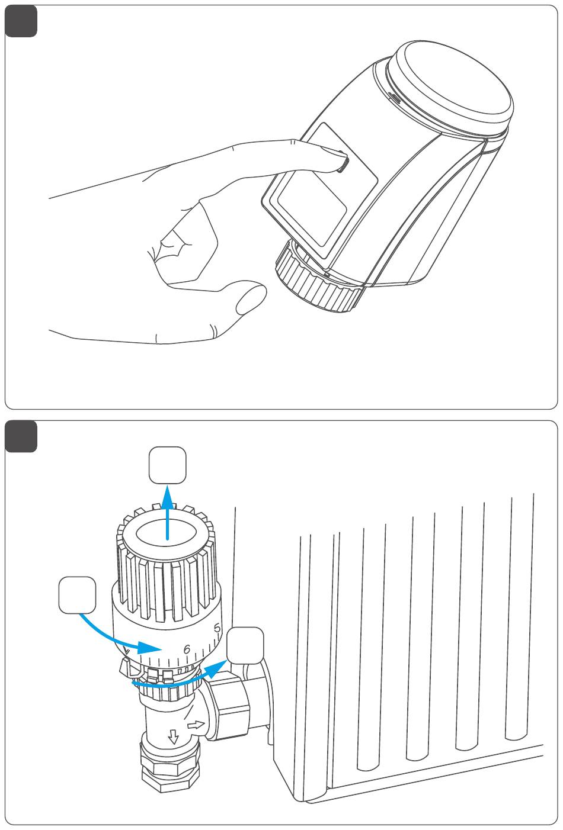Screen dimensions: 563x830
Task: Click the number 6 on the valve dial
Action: tap(187, 649)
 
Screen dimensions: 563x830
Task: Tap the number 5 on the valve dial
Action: tap(217, 628)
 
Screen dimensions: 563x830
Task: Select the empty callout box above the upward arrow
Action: tap(168, 465)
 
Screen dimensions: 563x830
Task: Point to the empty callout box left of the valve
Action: tap(77, 595)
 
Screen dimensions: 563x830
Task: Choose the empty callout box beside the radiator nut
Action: tap(245, 645)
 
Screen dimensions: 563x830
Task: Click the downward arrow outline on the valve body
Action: tap(173, 736)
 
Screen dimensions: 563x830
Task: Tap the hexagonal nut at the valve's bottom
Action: tap(170, 770)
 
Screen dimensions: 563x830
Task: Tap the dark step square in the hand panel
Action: tap(21, 22)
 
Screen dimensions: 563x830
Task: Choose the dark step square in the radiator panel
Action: tap(21, 436)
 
